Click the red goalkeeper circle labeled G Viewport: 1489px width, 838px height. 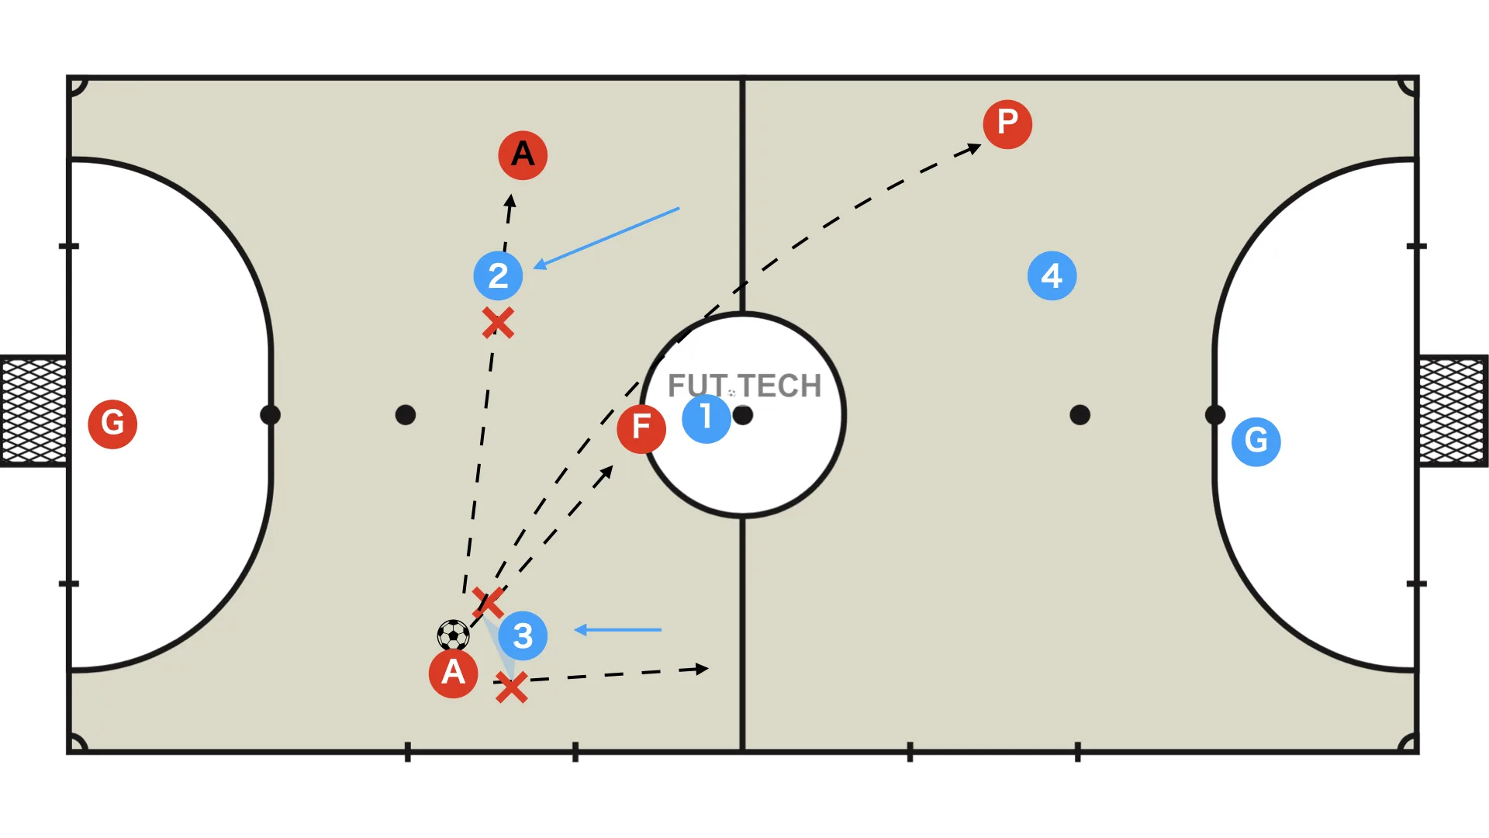coord(112,424)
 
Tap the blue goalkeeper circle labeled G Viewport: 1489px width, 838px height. coord(1256,442)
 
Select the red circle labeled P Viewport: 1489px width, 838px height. coord(1007,123)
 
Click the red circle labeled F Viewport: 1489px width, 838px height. coord(641,428)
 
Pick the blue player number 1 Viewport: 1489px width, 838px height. coord(706,418)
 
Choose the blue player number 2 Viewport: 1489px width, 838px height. coord(498,275)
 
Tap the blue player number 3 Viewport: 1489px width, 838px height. coord(523,635)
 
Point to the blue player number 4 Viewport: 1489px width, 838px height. coord(1052,275)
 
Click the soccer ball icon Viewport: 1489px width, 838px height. coord(454,635)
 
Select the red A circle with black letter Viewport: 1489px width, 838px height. coord(523,155)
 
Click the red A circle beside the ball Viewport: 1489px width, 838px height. coord(453,673)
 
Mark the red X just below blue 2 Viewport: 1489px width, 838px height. coord(498,323)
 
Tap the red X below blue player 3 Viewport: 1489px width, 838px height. coord(511,687)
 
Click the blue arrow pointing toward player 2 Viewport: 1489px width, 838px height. coord(606,238)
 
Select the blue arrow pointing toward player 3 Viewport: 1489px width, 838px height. coord(617,630)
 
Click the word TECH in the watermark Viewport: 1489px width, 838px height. coord(779,386)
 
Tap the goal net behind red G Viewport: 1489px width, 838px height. coord(33,410)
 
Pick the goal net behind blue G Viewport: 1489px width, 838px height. coord(1453,410)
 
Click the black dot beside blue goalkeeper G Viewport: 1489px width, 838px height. coord(1214,415)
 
